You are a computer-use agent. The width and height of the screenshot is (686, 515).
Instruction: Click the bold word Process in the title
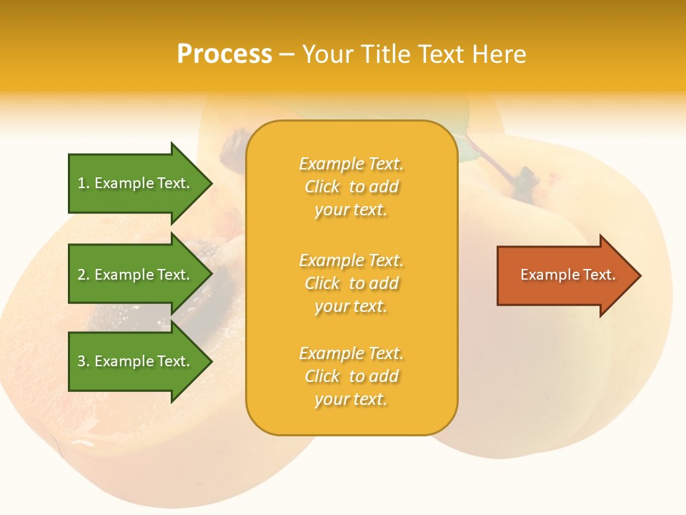pos(224,54)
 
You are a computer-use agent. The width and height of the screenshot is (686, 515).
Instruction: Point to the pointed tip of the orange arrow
pos(638,275)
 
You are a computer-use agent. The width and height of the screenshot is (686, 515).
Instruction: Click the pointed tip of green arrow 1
pos(209,183)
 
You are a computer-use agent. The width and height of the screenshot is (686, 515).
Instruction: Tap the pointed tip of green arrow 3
pos(209,361)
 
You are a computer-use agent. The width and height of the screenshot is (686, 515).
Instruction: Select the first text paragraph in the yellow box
pos(351,187)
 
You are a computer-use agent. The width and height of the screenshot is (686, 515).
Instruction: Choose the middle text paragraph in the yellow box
pos(351,283)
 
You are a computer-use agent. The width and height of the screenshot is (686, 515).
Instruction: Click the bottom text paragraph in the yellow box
pos(351,376)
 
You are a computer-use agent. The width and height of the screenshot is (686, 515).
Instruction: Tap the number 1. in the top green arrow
pos(84,183)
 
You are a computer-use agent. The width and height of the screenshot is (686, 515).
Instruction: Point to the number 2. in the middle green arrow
pos(84,275)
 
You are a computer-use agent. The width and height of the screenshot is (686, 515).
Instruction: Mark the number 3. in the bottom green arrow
pos(84,361)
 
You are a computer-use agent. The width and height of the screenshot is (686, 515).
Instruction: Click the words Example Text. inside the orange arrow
pos(568,275)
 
